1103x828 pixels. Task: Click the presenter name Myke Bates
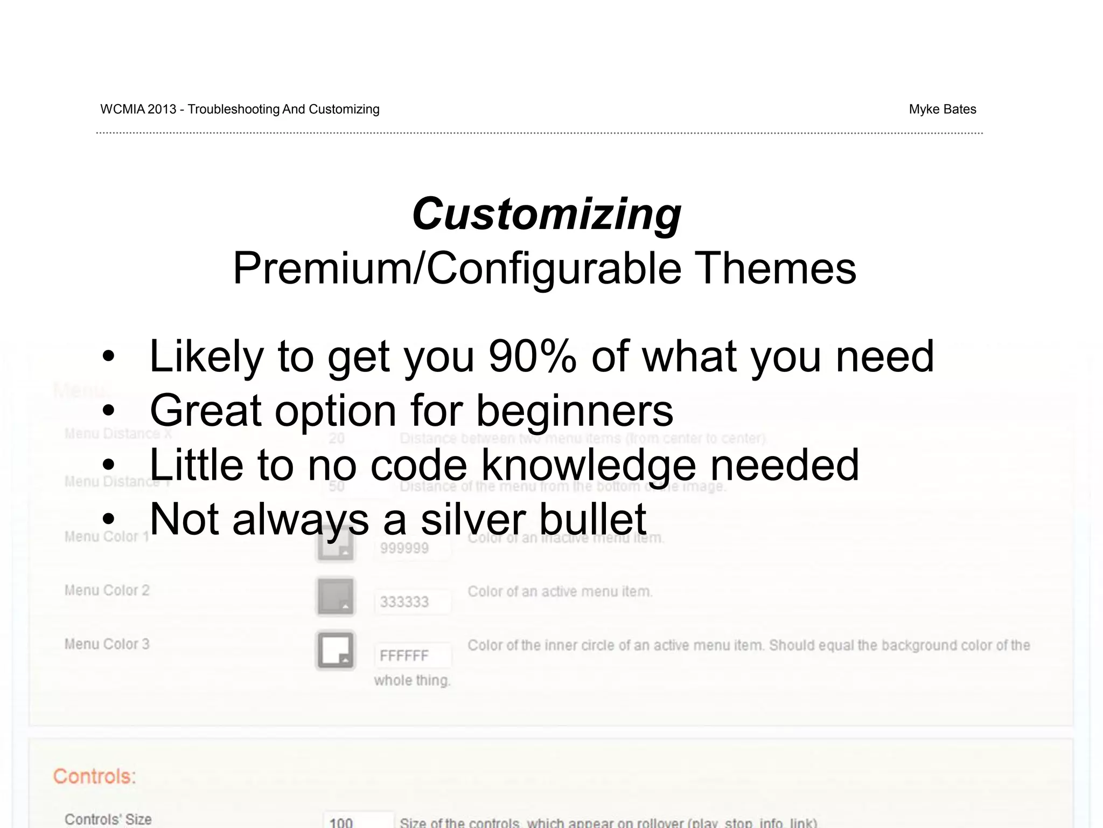[x=942, y=109]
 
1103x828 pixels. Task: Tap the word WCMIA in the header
[x=122, y=109]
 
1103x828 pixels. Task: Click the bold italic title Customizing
[x=546, y=214]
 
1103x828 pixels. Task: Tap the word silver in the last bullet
[x=472, y=520]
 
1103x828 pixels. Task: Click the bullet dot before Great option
[x=109, y=411]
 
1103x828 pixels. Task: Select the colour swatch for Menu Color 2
[x=335, y=596]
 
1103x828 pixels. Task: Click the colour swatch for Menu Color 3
[x=335, y=650]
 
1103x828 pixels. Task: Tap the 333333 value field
[x=411, y=602]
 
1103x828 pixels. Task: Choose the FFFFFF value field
[x=411, y=655]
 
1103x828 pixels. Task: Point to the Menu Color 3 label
[x=107, y=644]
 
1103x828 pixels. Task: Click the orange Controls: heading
[x=94, y=776]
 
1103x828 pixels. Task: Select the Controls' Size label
[x=108, y=819]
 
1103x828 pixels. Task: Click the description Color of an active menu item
[x=560, y=592]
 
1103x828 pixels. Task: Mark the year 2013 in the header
[x=162, y=109]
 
